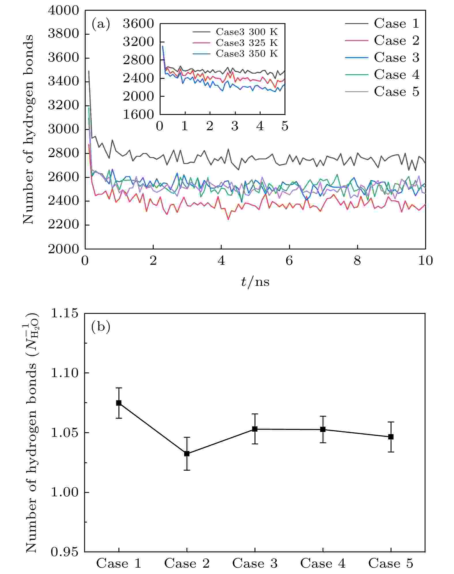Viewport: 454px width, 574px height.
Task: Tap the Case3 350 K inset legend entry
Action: pyautogui.click(x=246, y=54)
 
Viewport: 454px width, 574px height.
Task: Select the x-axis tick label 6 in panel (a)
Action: pyautogui.click(x=289, y=261)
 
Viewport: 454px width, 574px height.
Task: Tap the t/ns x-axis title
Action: pyautogui.click(x=255, y=282)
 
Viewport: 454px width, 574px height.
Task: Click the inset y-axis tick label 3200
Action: pyautogui.click(x=138, y=42)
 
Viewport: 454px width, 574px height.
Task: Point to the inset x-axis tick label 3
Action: pyautogui.click(x=235, y=126)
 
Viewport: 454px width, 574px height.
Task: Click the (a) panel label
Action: pyautogui.click(x=101, y=24)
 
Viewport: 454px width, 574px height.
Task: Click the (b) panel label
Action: pyautogui.click(x=101, y=327)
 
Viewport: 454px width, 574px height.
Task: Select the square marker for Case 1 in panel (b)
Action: pyautogui.click(x=119, y=403)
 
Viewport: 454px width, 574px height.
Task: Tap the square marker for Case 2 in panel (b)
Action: pyautogui.click(x=187, y=454)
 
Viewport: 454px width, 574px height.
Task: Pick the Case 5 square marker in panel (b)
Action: pyautogui.click(x=391, y=437)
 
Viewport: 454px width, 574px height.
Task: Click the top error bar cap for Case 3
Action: pyautogui.click(x=255, y=414)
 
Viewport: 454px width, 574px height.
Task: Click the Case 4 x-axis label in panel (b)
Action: pyautogui.click(x=323, y=563)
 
